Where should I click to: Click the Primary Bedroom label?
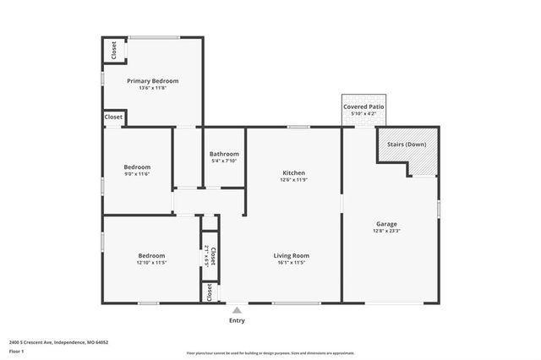(152, 80)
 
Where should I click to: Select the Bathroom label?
(224, 154)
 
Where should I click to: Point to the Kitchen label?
(293, 172)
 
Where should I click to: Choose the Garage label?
(386, 224)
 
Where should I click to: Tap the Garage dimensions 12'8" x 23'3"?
(386, 232)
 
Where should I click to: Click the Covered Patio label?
(363, 107)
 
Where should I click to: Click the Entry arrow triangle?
(237, 311)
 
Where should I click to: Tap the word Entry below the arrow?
(237, 321)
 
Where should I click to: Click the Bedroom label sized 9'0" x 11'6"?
(137, 166)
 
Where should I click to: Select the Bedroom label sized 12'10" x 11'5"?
(151, 255)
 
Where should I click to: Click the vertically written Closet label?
(212, 254)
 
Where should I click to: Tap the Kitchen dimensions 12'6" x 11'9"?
(293, 180)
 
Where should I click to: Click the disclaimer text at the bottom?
(270, 352)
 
